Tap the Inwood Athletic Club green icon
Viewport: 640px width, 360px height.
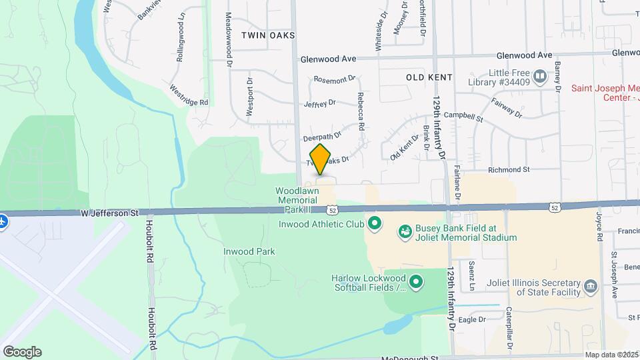374,223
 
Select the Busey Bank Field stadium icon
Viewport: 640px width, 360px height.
404,232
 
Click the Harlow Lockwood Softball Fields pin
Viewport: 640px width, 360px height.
416,283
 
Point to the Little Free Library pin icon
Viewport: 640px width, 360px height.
541,75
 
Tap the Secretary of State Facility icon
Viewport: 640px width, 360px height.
590,287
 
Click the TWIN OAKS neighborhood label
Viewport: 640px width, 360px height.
268,35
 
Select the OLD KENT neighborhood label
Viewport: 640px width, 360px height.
429,77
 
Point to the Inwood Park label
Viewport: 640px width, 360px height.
249,251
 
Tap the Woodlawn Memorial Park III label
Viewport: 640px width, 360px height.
297,195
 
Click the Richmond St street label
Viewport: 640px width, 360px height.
509,169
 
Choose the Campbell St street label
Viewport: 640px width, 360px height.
468,117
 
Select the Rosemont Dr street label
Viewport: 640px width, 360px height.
335,79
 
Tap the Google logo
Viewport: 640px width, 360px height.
22,351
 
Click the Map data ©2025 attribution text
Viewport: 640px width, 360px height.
610,355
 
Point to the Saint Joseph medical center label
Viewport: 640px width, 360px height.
605,93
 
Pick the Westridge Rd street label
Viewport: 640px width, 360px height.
189,94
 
